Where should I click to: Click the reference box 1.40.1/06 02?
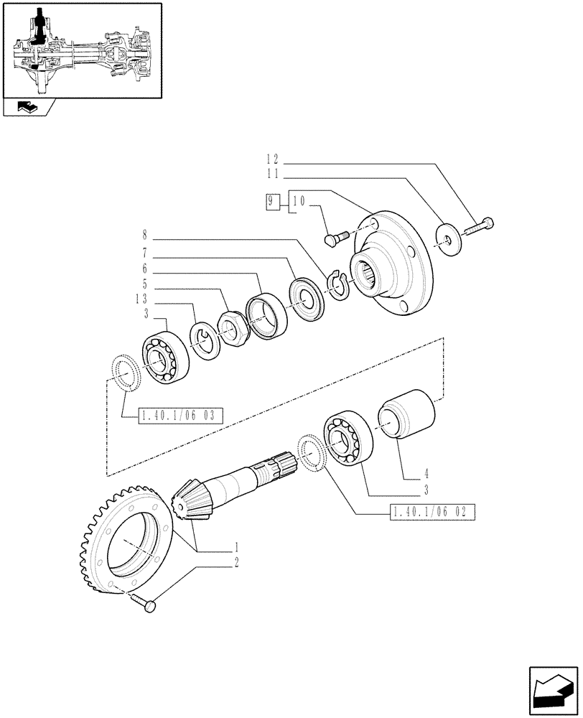tap(432, 512)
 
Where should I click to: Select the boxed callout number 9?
tap(270, 202)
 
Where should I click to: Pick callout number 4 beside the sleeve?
tap(426, 473)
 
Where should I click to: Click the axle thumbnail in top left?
tap(81, 50)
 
